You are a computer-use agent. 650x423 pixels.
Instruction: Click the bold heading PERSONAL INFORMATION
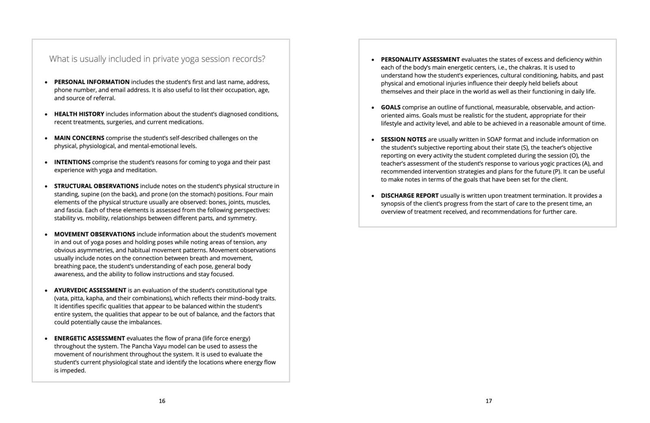[x=92, y=82]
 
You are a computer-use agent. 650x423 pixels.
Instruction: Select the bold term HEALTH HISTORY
[x=79, y=114]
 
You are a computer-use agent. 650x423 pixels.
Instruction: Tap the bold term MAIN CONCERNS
[x=79, y=138]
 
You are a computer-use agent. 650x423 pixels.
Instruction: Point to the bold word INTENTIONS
[x=72, y=162]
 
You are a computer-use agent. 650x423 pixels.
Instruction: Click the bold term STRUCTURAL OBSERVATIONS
[x=96, y=186]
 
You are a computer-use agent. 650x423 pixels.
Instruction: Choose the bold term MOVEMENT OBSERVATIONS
[x=95, y=234]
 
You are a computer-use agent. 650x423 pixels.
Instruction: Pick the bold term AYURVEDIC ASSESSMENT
[x=90, y=290]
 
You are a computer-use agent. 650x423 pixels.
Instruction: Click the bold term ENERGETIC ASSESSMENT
[x=89, y=338]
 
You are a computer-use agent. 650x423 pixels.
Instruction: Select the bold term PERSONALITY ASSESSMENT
[x=420, y=59]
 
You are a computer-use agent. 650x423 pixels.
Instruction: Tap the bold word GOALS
[x=390, y=107]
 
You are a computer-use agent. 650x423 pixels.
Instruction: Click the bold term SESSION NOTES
[x=403, y=139]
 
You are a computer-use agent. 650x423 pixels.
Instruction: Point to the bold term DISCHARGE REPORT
[x=409, y=195]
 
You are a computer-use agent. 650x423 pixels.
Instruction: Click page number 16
[x=162, y=401]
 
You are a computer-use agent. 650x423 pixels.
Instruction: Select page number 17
[x=489, y=401]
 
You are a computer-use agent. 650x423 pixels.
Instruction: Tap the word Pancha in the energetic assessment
[x=142, y=346]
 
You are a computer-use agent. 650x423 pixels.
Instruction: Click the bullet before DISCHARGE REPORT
[x=373, y=196]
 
